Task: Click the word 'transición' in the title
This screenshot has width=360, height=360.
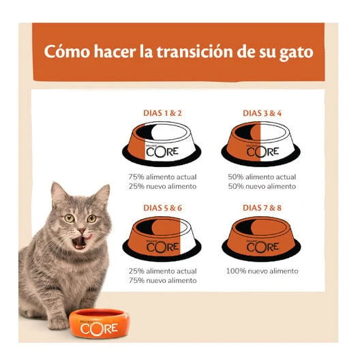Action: (x=195, y=52)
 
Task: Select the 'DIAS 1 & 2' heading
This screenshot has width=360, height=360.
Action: (x=162, y=113)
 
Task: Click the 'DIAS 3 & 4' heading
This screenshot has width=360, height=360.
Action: (x=262, y=113)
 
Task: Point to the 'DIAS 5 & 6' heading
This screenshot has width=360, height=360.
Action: (x=162, y=208)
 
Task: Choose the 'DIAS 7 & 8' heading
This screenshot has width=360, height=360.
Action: (x=262, y=208)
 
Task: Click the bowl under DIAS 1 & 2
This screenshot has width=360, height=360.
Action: (x=162, y=144)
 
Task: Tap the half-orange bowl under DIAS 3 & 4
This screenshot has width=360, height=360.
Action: (x=261, y=144)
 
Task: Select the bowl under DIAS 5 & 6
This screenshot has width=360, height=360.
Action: (x=162, y=239)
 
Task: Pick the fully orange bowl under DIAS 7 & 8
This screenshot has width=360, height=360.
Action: (x=261, y=239)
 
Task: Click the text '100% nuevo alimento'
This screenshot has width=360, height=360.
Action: (x=262, y=271)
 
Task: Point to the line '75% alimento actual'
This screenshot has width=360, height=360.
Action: (x=162, y=177)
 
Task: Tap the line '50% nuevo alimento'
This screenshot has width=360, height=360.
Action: (x=262, y=186)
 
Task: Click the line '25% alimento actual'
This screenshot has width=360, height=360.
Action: (x=162, y=271)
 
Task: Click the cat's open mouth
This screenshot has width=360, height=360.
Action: (x=80, y=242)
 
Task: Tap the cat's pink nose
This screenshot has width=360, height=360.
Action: (x=81, y=230)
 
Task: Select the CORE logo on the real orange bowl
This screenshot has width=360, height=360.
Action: (x=99, y=329)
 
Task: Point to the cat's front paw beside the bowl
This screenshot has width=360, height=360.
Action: (x=58, y=322)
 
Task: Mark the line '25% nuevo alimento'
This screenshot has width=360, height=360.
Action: (x=162, y=186)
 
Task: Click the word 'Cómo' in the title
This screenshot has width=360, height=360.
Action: (x=67, y=51)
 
